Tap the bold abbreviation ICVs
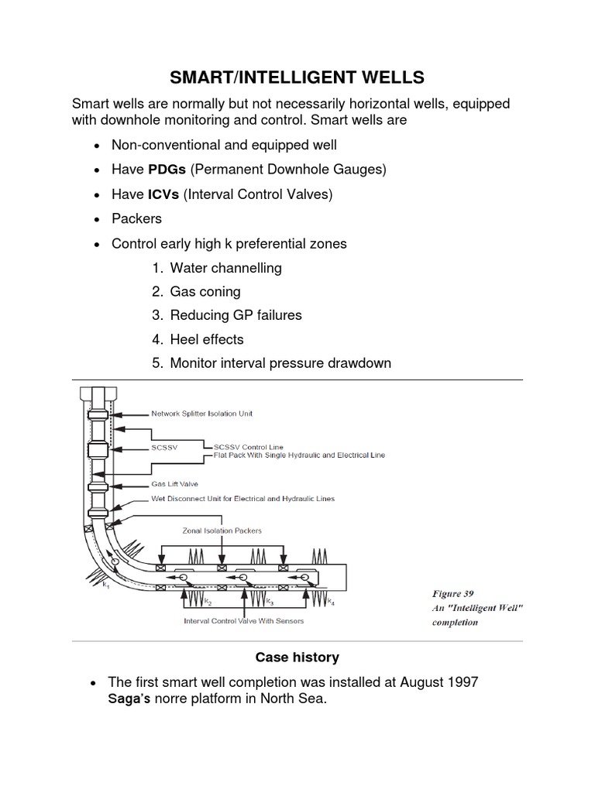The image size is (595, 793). (163, 194)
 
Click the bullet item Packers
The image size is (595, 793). (136, 218)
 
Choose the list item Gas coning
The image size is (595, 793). (205, 291)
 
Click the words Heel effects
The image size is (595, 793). (207, 339)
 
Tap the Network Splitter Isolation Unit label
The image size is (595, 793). (201, 414)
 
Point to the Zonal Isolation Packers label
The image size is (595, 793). (222, 530)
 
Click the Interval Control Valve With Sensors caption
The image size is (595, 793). (243, 620)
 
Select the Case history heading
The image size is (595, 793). (297, 657)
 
